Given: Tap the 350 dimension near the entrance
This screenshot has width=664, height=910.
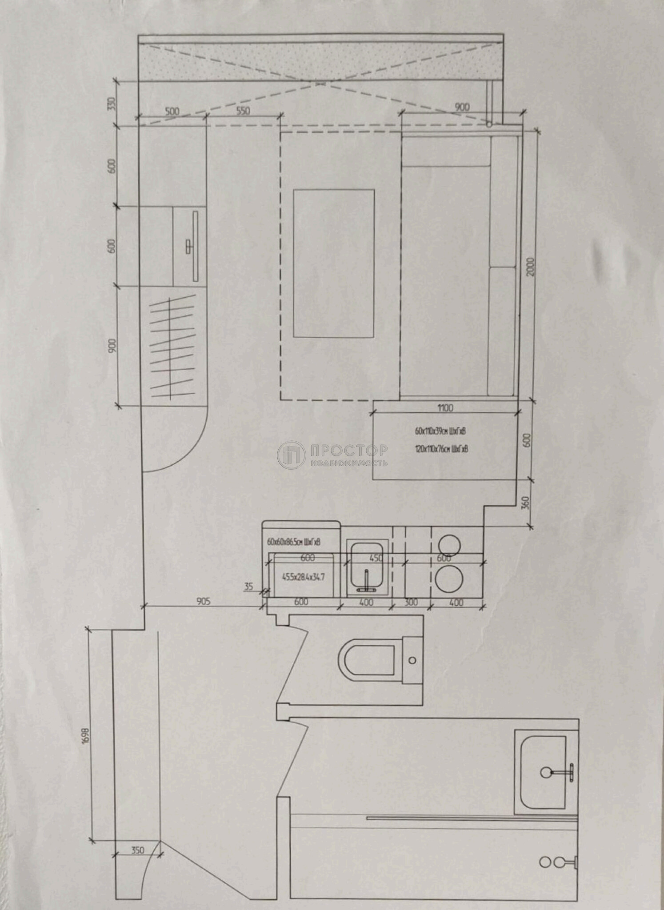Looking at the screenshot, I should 138,850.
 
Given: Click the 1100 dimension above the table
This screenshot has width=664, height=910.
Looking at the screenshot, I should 445,407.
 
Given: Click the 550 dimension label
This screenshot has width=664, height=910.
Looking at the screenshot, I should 243,111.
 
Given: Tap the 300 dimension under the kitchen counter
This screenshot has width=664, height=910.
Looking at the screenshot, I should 411,603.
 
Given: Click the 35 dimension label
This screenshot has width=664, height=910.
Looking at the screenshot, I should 248,587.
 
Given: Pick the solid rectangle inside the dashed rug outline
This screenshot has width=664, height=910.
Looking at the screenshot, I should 333,263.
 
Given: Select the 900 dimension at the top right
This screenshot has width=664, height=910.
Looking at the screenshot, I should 462,107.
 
